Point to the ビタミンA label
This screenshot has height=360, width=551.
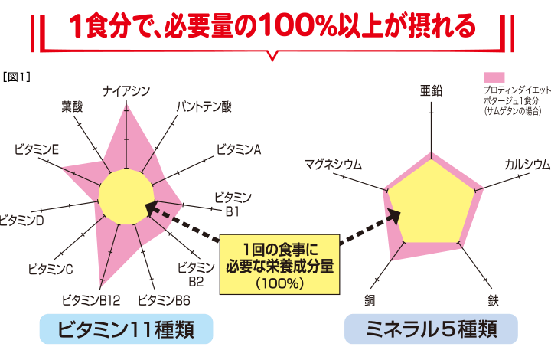(240, 149)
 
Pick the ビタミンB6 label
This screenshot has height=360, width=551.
(164, 299)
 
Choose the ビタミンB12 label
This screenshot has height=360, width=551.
(90, 299)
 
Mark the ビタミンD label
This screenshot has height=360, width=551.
(21, 221)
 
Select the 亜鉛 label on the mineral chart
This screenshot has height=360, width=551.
(432, 91)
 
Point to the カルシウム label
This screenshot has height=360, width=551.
(527, 164)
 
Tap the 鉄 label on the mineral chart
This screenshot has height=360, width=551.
(494, 299)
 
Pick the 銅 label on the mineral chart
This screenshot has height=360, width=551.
(370, 299)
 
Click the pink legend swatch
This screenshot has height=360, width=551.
(494, 77)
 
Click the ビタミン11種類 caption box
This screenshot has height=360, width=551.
(126, 329)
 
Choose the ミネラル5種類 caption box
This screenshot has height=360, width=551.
(431, 329)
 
